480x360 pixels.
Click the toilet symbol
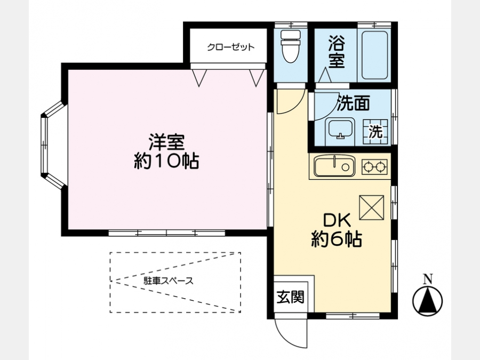point(291,46)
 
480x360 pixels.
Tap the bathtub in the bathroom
point(374,55)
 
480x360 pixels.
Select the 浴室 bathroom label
point(337,52)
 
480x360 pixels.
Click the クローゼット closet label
point(231,47)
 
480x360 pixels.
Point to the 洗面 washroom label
point(354,103)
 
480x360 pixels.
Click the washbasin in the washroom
point(340,129)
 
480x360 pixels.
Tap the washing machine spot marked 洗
point(375,131)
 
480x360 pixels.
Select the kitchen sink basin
point(334,166)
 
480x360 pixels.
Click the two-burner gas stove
point(374,167)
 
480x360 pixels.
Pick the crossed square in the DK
point(372,207)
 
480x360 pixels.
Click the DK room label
point(337,220)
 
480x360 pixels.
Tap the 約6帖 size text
point(337,239)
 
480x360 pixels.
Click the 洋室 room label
point(166,142)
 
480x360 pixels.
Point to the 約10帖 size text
point(166,161)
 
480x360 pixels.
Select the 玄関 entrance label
point(291,297)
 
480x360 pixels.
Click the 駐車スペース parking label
point(169,281)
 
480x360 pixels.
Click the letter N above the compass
point(428,279)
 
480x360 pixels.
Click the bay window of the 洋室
point(53,145)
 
